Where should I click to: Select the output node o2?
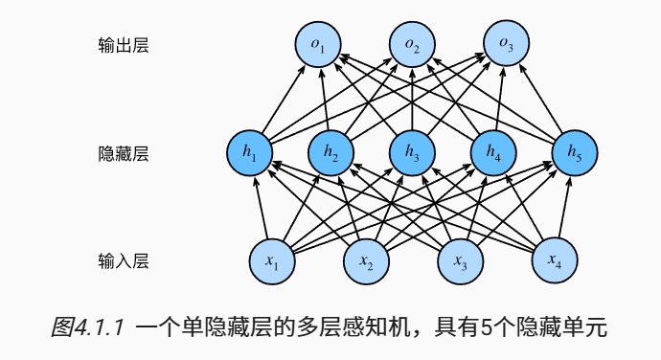pyautogui.click(x=412, y=45)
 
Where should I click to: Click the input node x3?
pyautogui.click(x=460, y=259)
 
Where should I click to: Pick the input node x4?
pyautogui.click(x=555, y=259)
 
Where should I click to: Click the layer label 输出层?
pyautogui.click(x=124, y=45)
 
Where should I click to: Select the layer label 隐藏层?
pyautogui.click(x=124, y=152)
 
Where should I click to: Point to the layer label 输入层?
pyautogui.click(x=124, y=259)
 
